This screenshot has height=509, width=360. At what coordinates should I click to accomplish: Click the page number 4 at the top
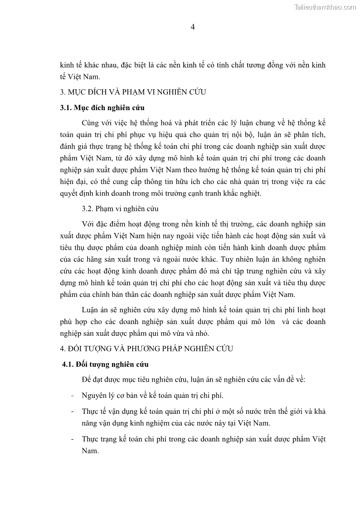[x=193, y=27]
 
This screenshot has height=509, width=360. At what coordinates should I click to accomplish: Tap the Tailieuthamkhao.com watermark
[x=325, y=7]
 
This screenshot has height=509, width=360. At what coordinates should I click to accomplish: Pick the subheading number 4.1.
[x=68, y=364]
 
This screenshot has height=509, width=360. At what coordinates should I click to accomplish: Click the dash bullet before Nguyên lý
[x=73, y=395]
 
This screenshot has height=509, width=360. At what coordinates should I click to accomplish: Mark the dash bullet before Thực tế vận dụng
[x=73, y=411]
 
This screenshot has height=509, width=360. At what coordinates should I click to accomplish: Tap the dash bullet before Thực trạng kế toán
[x=73, y=439]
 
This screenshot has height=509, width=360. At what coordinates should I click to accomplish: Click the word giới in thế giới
[x=291, y=411]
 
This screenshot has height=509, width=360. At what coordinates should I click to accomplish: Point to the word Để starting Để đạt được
[x=87, y=379]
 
